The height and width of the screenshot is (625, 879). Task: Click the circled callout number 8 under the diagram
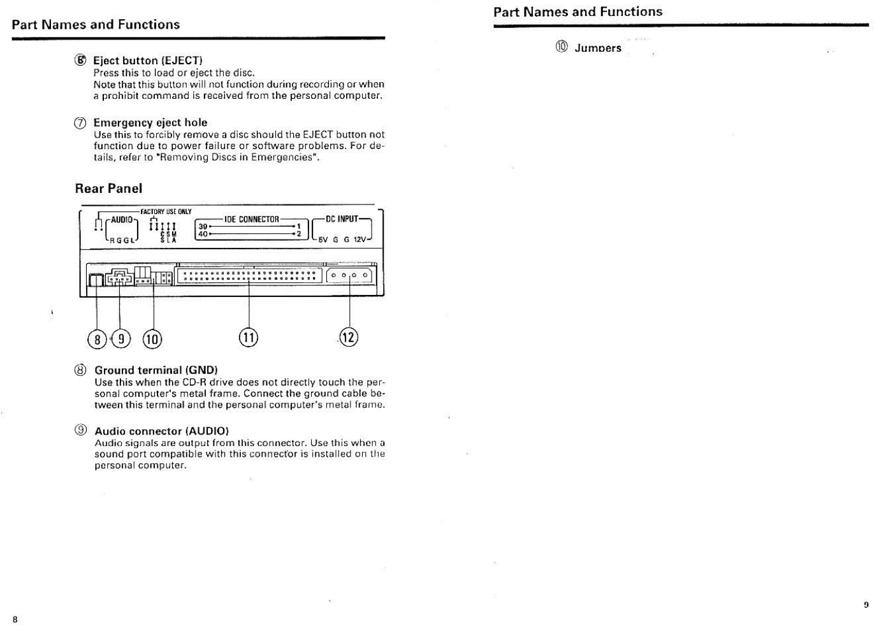pos(97,339)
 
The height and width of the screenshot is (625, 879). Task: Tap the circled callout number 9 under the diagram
pos(120,339)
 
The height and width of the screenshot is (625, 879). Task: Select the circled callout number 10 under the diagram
pos(152,339)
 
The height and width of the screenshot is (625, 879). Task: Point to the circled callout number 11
pos(249,337)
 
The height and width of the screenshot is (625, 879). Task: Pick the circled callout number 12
pos(349,336)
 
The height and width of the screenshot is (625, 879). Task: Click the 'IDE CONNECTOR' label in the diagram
pos(251,219)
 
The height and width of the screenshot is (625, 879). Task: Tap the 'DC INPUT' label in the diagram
pos(342,219)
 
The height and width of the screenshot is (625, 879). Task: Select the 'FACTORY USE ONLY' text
pos(166,212)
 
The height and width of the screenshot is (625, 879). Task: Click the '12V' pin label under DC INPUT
pos(360,240)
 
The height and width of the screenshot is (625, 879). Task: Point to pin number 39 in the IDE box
pos(203,226)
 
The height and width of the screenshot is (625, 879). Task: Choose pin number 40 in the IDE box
pos(203,233)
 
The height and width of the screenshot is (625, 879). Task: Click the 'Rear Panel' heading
pos(108,189)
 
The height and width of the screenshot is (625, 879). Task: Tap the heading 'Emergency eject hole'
pos(150,122)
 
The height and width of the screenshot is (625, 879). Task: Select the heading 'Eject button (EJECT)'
pos(147,61)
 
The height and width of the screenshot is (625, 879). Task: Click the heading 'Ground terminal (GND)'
pos(156,370)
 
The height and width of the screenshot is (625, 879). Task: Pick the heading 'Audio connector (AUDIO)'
pos(161,431)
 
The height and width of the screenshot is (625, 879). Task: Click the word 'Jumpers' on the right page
pos(597,48)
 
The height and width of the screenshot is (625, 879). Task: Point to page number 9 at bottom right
pos(866,605)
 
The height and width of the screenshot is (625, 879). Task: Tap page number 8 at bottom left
pos(15,619)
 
